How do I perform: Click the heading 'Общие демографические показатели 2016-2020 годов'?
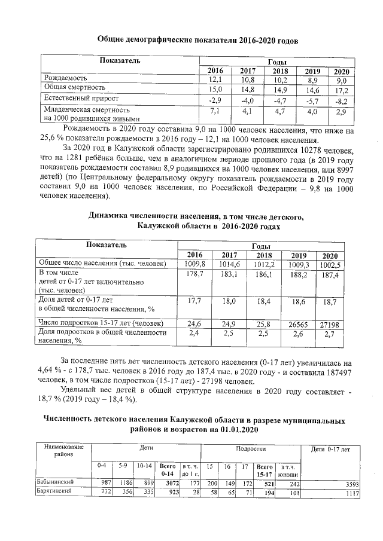point(197,40)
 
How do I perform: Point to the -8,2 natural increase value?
point(341,100)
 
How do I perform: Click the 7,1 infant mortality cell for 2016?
point(215,111)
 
